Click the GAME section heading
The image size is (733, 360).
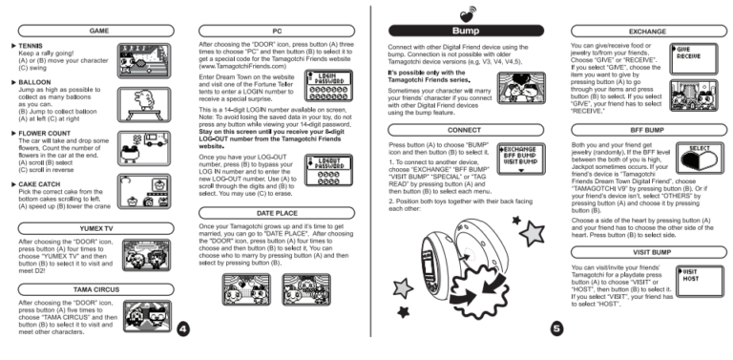99,32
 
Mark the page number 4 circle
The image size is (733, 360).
183,329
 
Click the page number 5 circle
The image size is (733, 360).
556,329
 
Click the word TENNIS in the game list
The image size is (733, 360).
32,46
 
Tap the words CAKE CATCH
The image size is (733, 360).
41,183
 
